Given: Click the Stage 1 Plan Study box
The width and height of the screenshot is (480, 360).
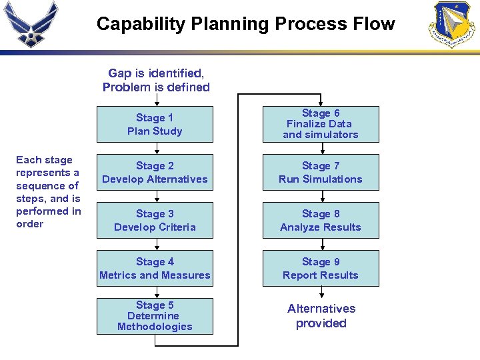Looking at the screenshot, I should click(155, 125).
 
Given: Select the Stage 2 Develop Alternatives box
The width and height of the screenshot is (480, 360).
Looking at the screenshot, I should click(155, 173).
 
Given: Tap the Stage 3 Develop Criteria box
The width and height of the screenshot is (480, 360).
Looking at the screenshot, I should click(155, 221).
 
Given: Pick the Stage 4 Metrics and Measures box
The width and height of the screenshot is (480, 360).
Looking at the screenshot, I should click(155, 269).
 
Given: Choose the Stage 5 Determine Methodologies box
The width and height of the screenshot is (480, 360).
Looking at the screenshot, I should click(155, 316).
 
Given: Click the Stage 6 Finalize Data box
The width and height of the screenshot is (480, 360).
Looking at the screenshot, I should click(321, 125).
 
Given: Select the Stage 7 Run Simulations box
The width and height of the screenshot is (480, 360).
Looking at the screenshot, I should click(321, 173).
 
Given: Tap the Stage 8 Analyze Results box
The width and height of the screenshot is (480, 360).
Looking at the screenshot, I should click(321, 221).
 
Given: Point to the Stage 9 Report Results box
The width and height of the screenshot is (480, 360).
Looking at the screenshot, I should click(321, 269).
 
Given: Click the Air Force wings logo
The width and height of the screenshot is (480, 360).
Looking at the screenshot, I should click(31, 23).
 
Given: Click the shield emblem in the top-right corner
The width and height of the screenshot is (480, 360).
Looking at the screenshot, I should click(454, 25).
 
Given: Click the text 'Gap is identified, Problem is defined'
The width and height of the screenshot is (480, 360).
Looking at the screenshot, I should click(156, 80).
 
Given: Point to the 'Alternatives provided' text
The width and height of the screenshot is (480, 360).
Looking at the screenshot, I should click(321, 316).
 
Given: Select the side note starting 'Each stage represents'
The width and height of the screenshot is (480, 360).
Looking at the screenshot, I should click(48, 191).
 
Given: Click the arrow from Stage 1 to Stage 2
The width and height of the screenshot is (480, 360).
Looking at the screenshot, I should click(156, 149).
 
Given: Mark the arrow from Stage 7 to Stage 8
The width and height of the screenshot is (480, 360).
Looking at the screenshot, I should click(322, 197).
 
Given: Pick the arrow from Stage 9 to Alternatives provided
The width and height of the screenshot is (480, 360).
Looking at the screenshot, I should click(322, 293).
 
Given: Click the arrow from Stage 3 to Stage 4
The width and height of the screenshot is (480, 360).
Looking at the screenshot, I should click(156, 245).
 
